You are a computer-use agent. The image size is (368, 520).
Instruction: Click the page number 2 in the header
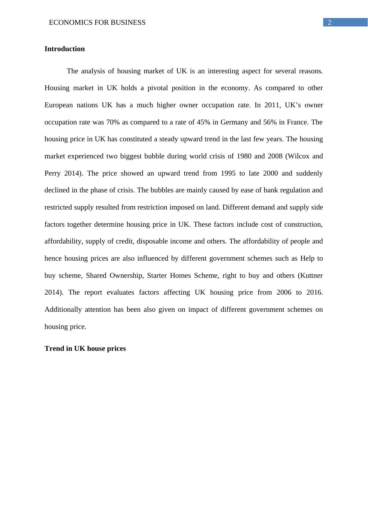[330, 23]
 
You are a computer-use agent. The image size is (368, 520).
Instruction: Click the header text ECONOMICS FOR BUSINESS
[97, 23]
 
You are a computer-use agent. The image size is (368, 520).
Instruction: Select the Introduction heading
[65, 49]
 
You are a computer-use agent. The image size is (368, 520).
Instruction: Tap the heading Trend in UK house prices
[85, 349]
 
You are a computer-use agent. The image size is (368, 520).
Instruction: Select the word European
[59, 105]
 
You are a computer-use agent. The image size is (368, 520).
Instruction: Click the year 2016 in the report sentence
[314, 292]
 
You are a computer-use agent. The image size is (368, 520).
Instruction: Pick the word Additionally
[63, 310]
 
